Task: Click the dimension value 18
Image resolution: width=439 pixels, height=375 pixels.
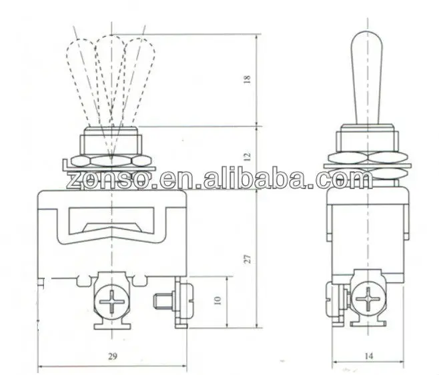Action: [248, 79]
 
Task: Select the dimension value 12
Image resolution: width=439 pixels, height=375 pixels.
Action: [248, 157]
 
